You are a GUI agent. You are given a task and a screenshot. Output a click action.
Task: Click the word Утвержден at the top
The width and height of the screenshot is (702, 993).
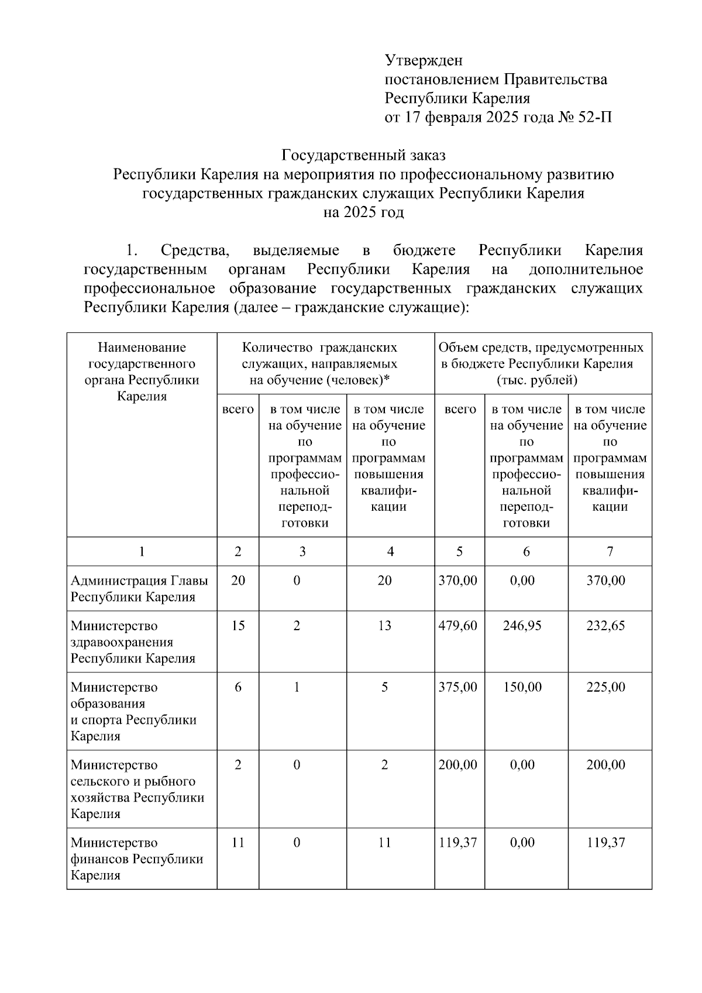point(424,60)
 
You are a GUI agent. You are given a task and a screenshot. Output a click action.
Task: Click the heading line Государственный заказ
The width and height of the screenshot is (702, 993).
point(363,156)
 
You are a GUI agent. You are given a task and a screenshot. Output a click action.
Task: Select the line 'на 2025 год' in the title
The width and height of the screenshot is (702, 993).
point(363,212)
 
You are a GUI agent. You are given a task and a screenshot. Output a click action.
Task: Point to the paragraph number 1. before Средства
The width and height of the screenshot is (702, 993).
point(132,250)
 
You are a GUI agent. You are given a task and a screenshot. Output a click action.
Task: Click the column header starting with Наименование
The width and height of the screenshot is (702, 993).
point(142,372)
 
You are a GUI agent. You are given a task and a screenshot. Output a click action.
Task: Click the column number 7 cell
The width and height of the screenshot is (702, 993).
point(610,551)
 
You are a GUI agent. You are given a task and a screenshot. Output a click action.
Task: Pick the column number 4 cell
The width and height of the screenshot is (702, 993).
point(390,551)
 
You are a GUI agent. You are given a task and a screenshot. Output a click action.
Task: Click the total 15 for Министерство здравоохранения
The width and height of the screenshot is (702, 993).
point(238,626)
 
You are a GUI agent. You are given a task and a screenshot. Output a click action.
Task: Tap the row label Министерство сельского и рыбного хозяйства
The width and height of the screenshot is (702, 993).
point(137,789)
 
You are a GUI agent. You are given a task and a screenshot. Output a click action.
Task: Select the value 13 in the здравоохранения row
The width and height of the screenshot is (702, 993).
point(384,626)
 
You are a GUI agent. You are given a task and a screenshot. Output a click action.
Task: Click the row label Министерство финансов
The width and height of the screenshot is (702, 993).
point(136,858)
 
